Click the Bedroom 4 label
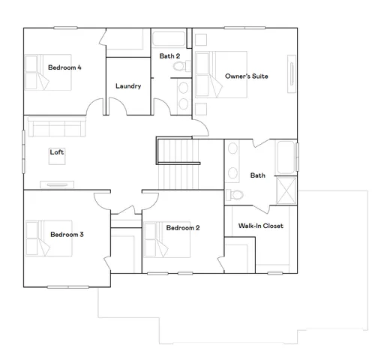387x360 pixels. click(64, 67)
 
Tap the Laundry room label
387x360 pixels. click(128, 85)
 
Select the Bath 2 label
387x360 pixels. click(169, 55)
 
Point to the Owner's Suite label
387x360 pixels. click(247, 76)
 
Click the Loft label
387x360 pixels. click(57, 152)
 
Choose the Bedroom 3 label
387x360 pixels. click(67, 235)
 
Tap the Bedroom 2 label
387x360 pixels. click(182, 228)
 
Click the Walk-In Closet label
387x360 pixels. click(260, 226)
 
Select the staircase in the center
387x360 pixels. click(180, 169)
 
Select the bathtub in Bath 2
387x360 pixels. click(171, 40)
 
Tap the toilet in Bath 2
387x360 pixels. click(178, 67)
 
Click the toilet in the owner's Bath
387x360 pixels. click(235, 194)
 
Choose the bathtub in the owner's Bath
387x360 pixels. click(286, 157)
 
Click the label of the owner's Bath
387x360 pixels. click(257, 175)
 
